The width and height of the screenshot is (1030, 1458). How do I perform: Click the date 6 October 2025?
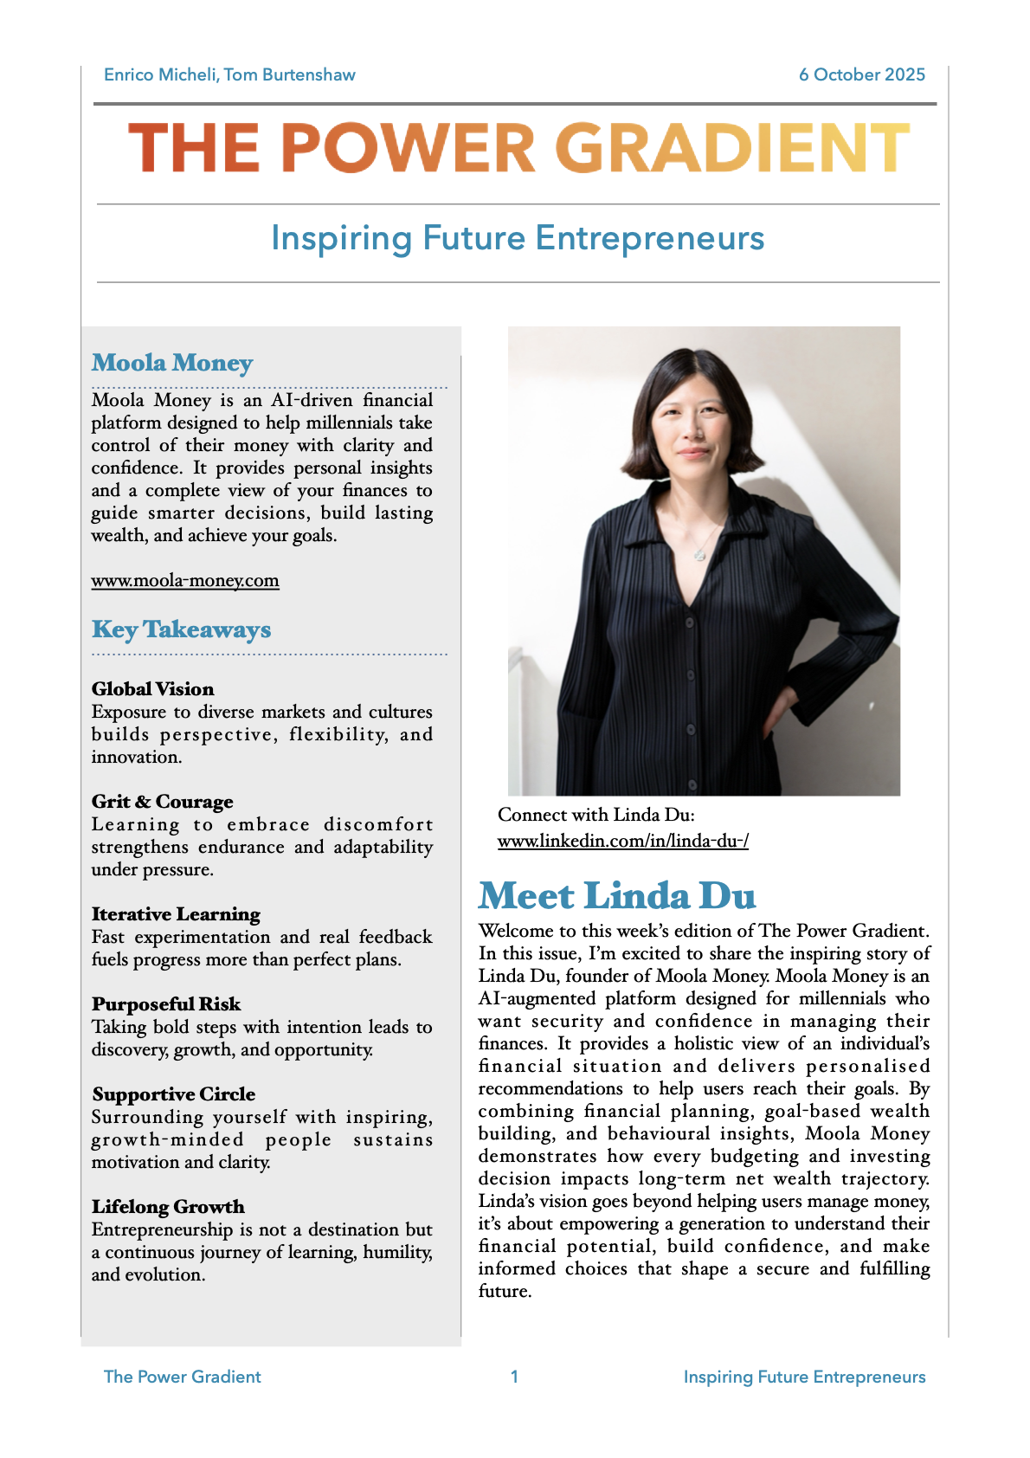[x=861, y=75]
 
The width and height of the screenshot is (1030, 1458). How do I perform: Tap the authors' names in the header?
[x=229, y=75]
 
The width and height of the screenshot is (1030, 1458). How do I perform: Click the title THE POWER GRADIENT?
[x=518, y=148]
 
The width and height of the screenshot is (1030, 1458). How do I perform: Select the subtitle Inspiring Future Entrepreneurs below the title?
[x=518, y=239]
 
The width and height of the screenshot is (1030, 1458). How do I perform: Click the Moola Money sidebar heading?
[x=172, y=363]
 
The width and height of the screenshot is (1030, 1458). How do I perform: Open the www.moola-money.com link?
[x=185, y=581]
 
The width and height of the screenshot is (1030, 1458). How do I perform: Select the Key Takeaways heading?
[x=181, y=629]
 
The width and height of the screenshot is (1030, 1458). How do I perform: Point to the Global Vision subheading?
[x=152, y=689]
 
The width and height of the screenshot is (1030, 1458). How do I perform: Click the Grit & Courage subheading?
[x=162, y=802]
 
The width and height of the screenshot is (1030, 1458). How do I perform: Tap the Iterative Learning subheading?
[x=176, y=914]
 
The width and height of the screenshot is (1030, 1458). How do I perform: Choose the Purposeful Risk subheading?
[x=166, y=1004]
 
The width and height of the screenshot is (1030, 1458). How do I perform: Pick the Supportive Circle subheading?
[x=173, y=1094]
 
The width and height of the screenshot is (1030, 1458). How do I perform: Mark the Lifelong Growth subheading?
[x=168, y=1207]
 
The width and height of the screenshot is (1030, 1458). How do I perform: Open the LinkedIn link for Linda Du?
[x=622, y=841]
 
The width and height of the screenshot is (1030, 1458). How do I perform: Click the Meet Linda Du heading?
[x=617, y=896]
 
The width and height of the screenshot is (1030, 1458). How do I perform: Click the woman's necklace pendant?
[x=699, y=552]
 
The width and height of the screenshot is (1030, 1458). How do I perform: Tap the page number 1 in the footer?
[x=514, y=1377]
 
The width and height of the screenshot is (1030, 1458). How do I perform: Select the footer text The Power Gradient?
[x=182, y=1377]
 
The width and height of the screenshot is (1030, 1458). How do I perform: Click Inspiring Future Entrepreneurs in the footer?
[x=804, y=1377]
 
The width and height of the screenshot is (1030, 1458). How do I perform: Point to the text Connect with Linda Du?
[x=595, y=815]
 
